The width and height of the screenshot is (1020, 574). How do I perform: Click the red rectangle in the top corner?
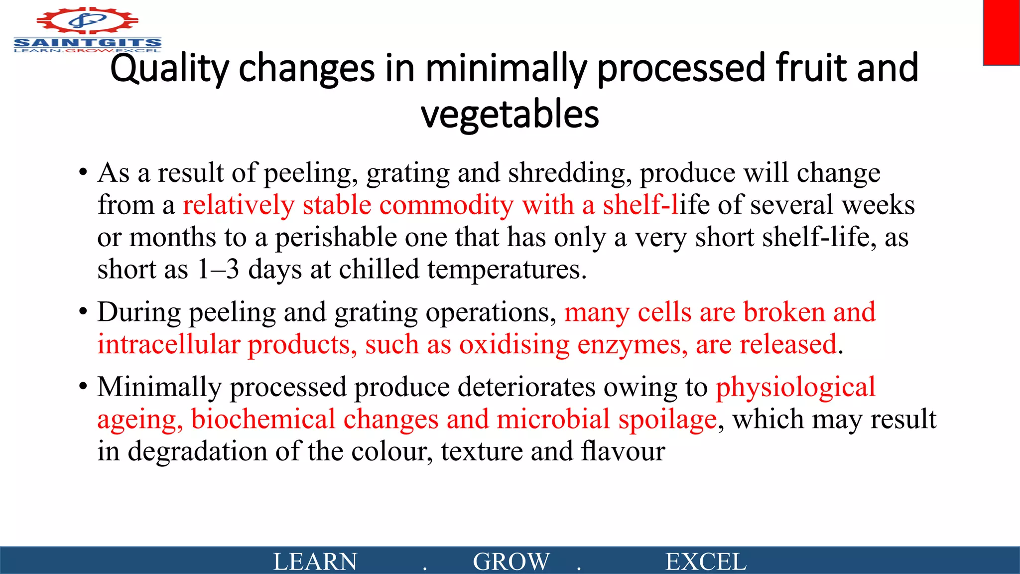tap(1001, 32)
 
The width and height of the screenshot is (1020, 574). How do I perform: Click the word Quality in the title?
tap(169, 69)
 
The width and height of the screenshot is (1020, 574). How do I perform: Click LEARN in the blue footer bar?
tap(315, 562)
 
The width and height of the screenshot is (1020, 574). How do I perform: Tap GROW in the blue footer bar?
tap(511, 562)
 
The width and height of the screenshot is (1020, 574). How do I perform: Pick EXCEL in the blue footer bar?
tap(706, 562)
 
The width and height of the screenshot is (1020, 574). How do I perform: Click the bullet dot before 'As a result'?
tap(83, 173)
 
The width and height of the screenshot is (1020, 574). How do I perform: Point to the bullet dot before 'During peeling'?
tap(83, 312)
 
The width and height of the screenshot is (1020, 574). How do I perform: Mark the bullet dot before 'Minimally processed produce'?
tap(83, 387)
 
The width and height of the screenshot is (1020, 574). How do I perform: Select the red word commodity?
tap(446, 205)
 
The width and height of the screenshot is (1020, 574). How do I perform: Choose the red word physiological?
tap(795, 387)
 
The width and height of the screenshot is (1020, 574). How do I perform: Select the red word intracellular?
tap(169, 345)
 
